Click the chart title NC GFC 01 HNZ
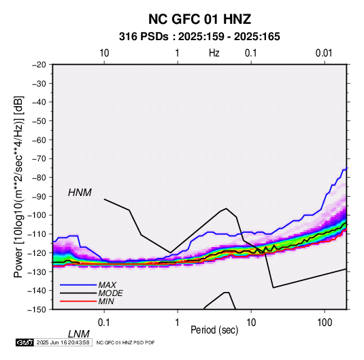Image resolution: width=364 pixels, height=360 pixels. pyautogui.click(x=199, y=19)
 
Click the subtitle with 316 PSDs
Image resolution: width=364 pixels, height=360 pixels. pyautogui.click(x=199, y=37)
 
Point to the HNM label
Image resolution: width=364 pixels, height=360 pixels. pyautogui.click(x=80, y=193)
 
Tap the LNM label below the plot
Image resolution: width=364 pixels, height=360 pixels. pyautogui.click(x=79, y=334)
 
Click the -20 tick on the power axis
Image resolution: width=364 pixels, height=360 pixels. pyautogui.click(x=39, y=65)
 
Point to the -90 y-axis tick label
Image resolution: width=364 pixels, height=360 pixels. pyautogui.click(x=39, y=197)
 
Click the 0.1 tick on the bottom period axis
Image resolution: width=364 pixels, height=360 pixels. pyautogui.click(x=104, y=323)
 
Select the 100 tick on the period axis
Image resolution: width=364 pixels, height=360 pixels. pyautogui.click(x=325, y=323)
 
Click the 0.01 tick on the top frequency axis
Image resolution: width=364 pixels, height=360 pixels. pyautogui.click(x=324, y=53)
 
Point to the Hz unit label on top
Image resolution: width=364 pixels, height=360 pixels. pyautogui.click(x=214, y=53)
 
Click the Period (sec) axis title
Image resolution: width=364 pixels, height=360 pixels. pyautogui.click(x=214, y=330)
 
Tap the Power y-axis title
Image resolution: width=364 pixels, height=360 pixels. pyautogui.click(x=18, y=186)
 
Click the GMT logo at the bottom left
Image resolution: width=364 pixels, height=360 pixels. pyautogui.click(x=24, y=342)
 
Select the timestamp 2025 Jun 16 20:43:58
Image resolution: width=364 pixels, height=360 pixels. pyautogui.click(x=63, y=342)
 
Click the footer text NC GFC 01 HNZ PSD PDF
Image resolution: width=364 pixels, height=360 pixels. pyautogui.click(x=125, y=342)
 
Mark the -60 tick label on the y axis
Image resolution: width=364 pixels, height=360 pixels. pyautogui.click(x=39, y=140)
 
